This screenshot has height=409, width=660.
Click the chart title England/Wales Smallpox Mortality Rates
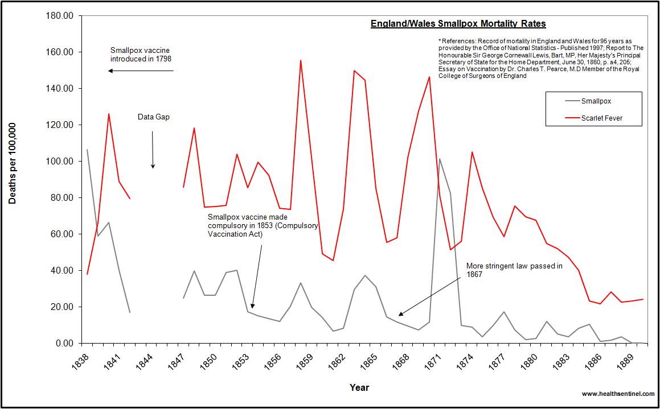(458, 24)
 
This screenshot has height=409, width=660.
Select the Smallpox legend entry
(596, 101)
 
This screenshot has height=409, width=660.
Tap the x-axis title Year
(359, 387)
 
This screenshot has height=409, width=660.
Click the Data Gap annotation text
(153, 117)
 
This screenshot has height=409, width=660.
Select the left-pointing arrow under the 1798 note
(141, 71)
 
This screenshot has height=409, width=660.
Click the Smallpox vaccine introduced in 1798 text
(141, 54)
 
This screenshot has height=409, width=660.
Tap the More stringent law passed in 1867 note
(514, 270)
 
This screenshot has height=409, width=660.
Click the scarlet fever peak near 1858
(301, 60)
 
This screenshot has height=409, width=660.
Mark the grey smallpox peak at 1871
(440, 159)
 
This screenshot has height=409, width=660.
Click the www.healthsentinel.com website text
(617, 394)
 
